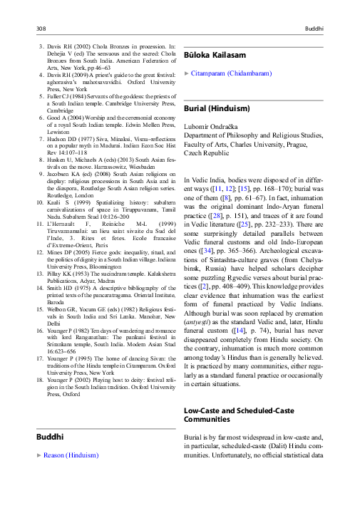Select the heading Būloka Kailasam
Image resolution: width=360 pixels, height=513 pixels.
coord(215,55)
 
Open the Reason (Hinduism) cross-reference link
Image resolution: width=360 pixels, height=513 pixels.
coord(71,455)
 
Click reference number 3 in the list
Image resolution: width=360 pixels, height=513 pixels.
coord(40,46)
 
